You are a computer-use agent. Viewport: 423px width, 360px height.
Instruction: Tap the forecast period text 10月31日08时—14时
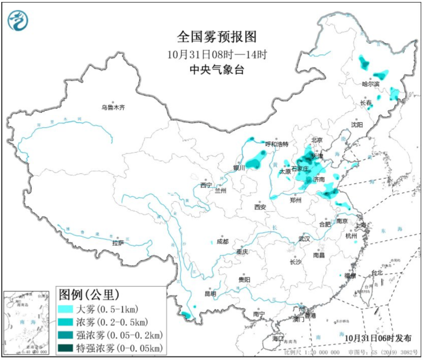tap(217, 54)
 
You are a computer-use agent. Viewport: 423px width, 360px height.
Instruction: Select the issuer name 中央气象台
tap(217, 70)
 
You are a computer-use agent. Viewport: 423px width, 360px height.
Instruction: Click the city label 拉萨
tap(118, 243)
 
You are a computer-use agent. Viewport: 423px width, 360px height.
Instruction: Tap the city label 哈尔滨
tap(371, 84)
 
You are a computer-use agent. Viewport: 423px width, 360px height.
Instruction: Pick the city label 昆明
tap(210, 293)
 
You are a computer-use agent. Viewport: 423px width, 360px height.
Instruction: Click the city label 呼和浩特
tap(277, 144)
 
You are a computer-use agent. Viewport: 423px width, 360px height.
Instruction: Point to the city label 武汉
tap(304, 238)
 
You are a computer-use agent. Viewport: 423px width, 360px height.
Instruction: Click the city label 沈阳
tap(357, 124)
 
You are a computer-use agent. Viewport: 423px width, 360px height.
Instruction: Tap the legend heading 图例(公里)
tap(89, 293)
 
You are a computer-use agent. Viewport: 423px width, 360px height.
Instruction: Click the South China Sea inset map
tap(27, 322)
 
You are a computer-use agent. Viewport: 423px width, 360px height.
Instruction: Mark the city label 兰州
tap(221, 191)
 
